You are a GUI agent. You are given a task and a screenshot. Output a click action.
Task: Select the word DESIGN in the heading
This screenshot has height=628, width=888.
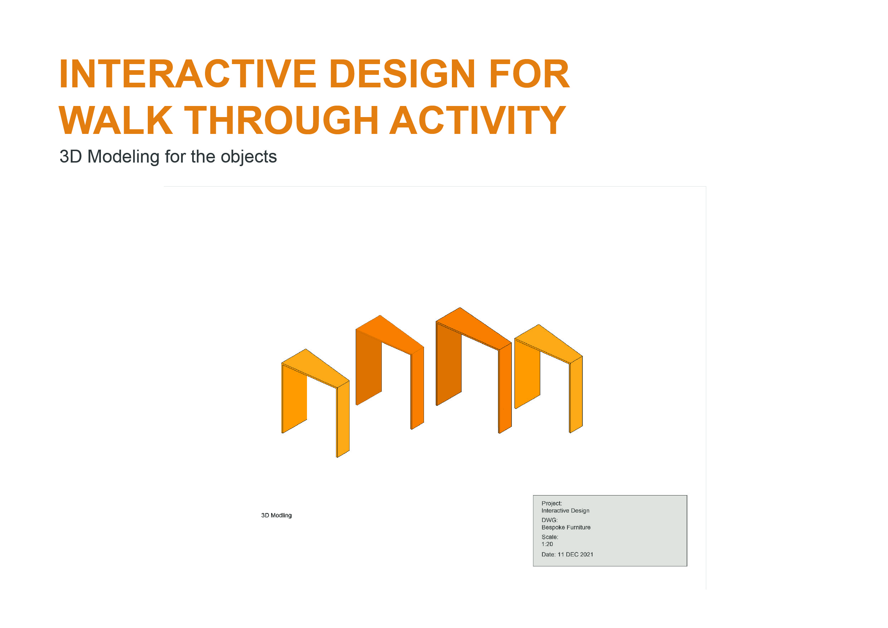(x=402, y=74)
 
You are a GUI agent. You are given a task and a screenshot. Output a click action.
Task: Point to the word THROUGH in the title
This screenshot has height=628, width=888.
(x=281, y=120)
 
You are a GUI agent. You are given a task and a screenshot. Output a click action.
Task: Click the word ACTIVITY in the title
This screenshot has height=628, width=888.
(x=477, y=120)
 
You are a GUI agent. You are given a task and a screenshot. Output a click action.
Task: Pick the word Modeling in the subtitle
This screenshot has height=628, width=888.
(x=123, y=157)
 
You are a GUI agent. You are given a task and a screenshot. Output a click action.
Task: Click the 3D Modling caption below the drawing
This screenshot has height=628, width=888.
(x=276, y=516)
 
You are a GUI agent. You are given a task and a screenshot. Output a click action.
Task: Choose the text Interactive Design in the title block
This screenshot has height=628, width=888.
(x=565, y=511)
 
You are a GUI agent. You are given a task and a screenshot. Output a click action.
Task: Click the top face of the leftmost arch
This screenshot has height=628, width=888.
(x=315, y=367)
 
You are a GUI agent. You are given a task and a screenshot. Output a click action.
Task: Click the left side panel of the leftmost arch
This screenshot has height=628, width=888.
(x=294, y=398)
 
